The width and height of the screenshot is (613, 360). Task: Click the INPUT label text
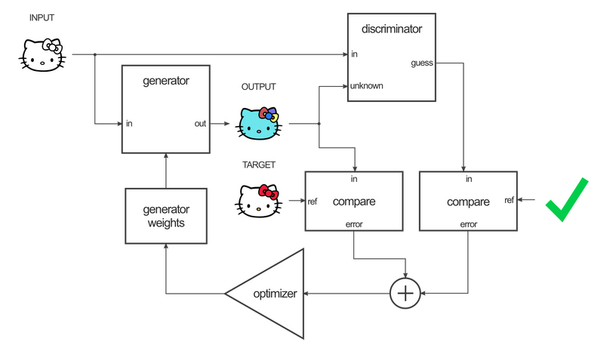(x=42, y=17)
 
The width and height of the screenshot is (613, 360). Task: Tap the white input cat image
(x=42, y=57)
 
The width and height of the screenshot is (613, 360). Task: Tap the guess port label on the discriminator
(x=421, y=63)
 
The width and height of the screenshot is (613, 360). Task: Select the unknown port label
(x=367, y=86)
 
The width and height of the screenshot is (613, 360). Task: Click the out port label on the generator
(x=200, y=124)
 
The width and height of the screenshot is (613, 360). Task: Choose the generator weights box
(x=166, y=216)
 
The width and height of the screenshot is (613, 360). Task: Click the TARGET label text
(x=258, y=165)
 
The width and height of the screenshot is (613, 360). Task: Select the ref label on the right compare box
(x=509, y=200)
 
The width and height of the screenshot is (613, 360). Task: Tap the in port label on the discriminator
(x=354, y=54)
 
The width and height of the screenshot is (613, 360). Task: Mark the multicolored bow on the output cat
(x=268, y=115)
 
